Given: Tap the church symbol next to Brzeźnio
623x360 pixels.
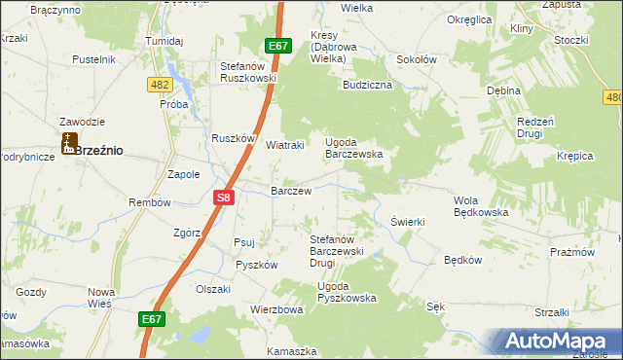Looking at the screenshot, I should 68,145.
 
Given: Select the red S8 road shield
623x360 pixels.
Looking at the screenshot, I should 224,198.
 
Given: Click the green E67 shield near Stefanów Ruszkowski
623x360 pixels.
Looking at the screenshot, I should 278,46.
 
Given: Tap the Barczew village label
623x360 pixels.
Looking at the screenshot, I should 291,191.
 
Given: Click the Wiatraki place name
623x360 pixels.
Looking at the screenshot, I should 286,145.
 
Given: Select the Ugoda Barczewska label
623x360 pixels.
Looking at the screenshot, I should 353,148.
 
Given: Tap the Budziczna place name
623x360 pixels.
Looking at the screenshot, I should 367,86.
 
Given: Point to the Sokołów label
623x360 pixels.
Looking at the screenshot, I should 417,58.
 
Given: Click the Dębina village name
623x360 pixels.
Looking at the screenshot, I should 504,90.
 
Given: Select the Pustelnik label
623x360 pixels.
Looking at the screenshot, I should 94,59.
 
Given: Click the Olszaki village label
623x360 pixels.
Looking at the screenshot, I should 213,289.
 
